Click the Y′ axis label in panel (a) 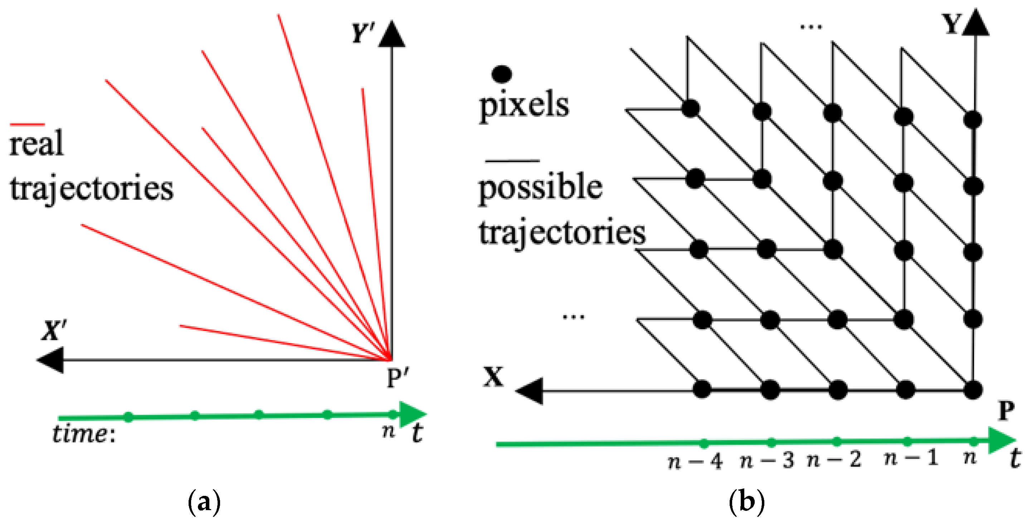pos(362,33)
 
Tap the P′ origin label pos(398,378)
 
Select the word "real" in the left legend pos(36,143)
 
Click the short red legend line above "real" pos(27,125)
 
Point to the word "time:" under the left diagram pos(84,434)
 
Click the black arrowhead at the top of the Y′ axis pos(391,35)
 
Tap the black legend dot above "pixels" pos(502,74)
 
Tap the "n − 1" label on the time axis pos(911,458)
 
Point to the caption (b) pos(747,502)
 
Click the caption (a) pos(204,502)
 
